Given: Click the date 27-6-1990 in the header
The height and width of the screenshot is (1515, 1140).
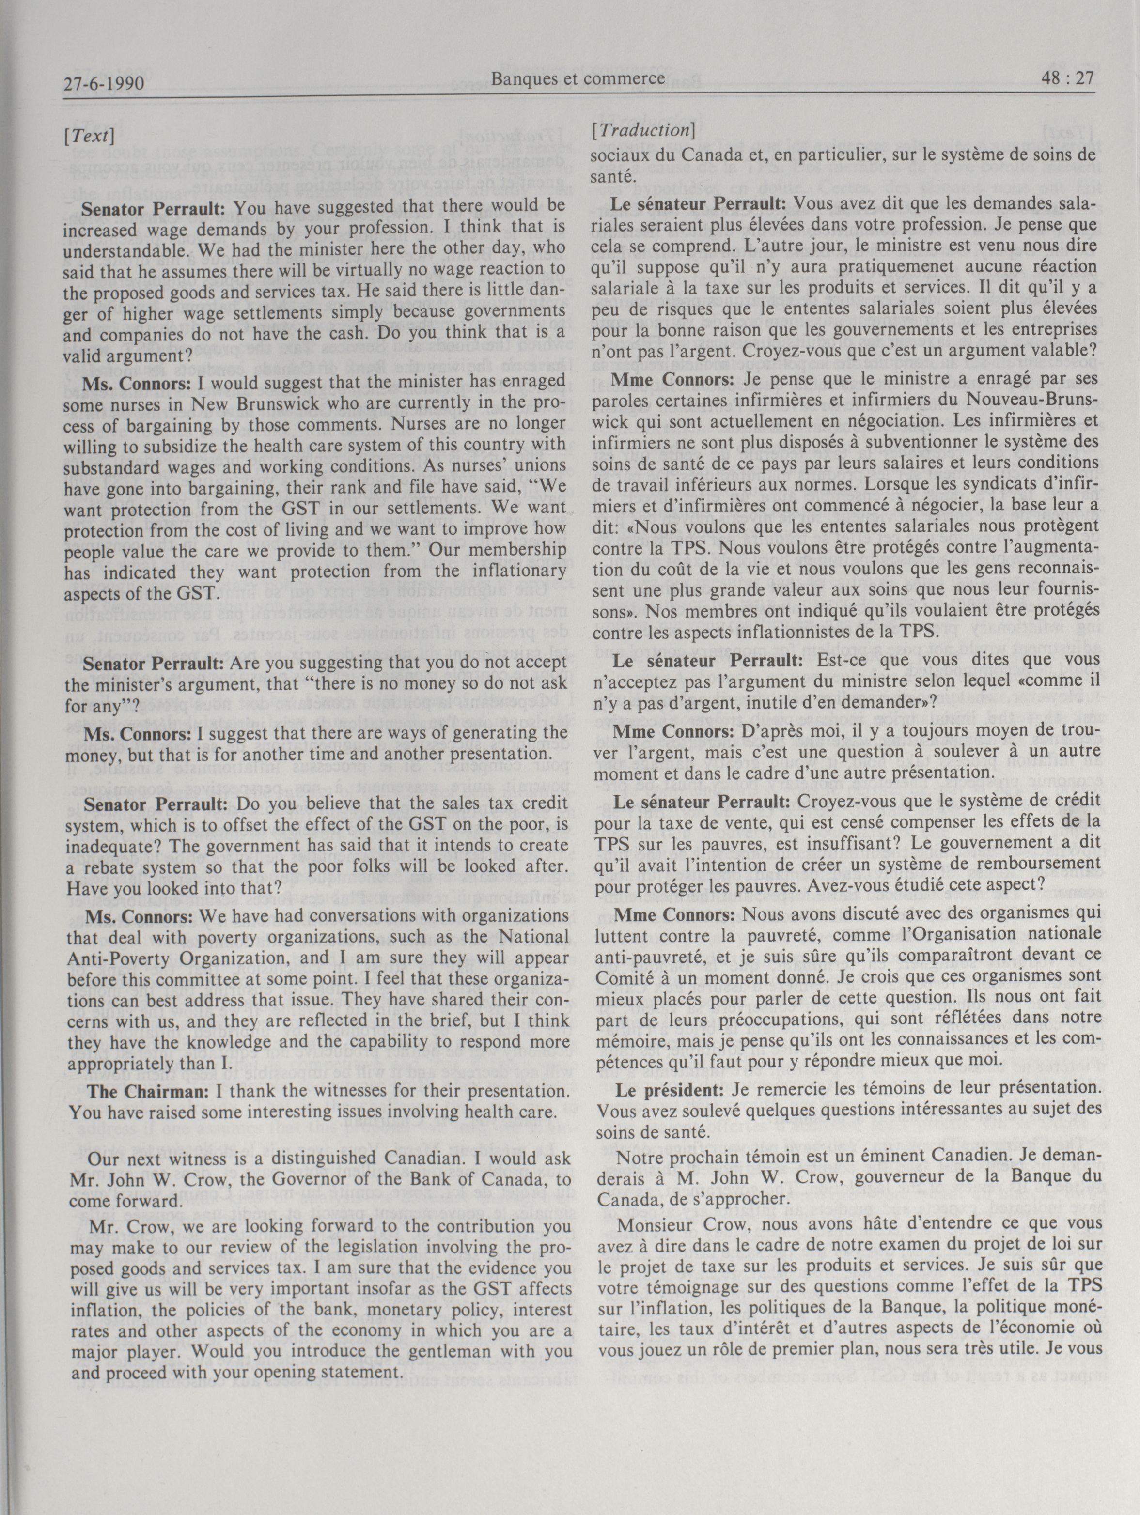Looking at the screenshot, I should [107, 85].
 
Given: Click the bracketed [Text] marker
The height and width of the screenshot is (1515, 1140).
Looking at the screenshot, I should [86, 136].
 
